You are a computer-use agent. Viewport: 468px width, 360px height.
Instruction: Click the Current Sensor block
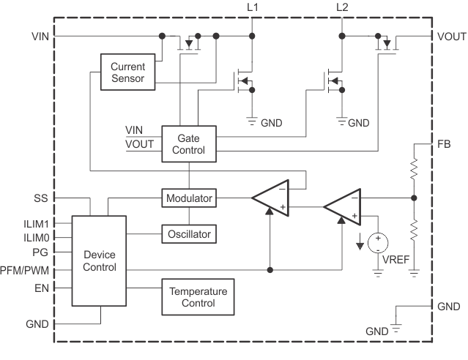click(x=128, y=73)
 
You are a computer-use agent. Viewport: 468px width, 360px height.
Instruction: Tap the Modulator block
click(x=189, y=198)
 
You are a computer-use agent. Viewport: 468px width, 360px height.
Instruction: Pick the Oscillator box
click(x=189, y=234)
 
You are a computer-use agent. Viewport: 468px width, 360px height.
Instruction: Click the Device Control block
click(x=99, y=260)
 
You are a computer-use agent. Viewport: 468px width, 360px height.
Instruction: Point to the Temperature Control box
click(x=198, y=296)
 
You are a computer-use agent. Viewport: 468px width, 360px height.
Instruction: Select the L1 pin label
click(x=253, y=7)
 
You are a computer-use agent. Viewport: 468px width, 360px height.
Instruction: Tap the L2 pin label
click(x=342, y=7)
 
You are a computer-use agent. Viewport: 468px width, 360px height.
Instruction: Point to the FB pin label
click(x=444, y=143)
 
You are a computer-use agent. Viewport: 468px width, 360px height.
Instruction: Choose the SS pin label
click(x=41, y=198)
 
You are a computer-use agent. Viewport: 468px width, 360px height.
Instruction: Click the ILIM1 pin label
click(x=36, y=225)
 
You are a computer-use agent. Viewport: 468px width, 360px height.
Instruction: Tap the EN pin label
click(x=41, y=288)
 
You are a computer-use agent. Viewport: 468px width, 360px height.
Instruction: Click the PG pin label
click(x=41, y=252)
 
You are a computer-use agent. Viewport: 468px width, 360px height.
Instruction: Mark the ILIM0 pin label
click(x=36, y=238)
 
